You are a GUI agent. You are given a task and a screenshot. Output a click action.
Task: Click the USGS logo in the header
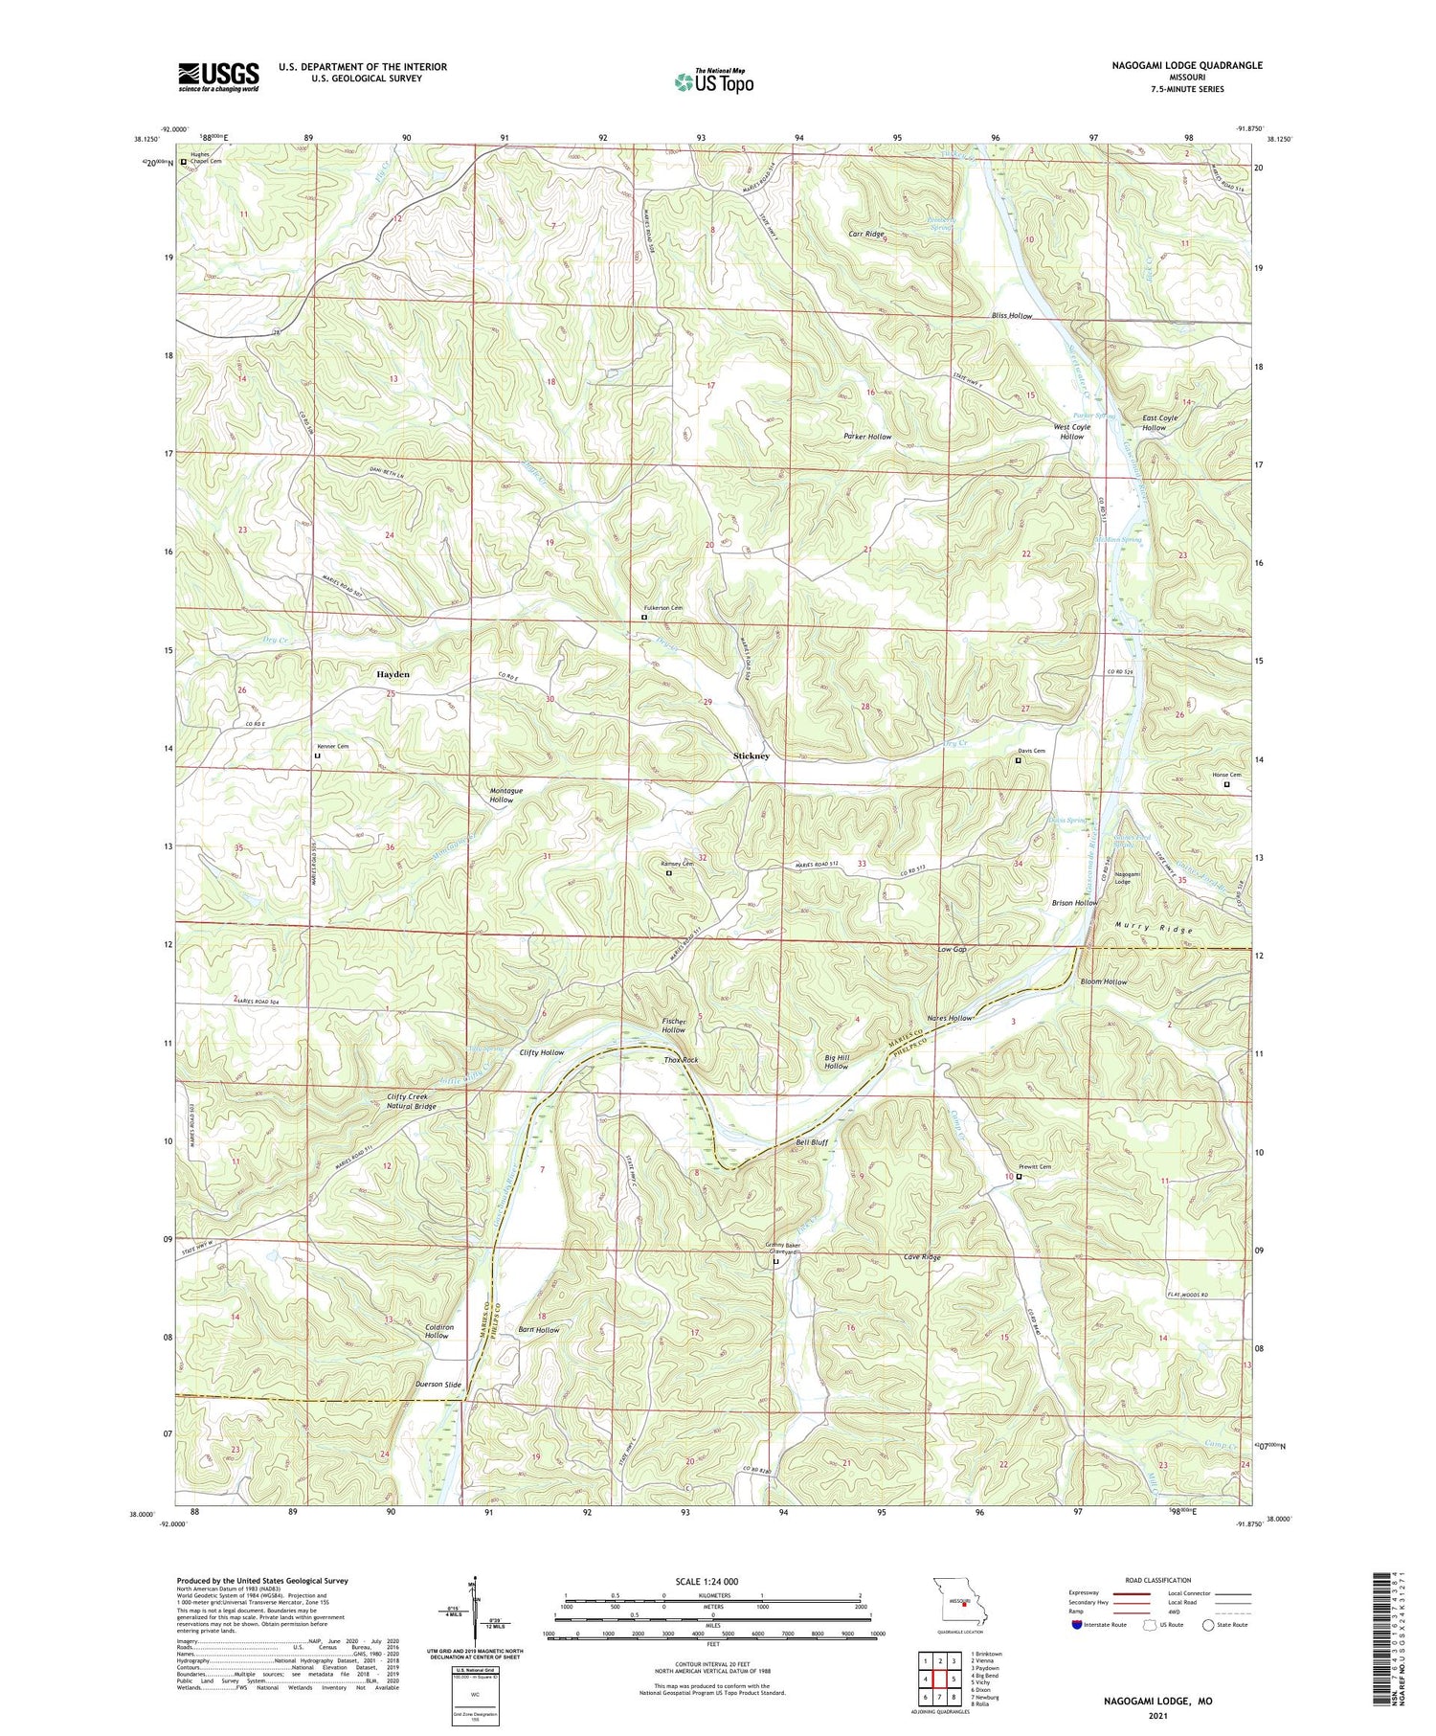tap(218, 76)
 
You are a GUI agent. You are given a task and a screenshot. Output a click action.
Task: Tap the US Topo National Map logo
tap(713, 81)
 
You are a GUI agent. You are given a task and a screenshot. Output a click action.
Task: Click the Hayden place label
tap(393, 674)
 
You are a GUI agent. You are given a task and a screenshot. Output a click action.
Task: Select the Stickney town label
tap(752, 755)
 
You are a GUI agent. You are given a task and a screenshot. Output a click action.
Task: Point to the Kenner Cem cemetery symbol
tap(318, 756)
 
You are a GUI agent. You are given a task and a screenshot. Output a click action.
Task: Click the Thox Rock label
tap(681, 1060)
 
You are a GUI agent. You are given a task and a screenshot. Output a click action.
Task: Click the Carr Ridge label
tap(866, 233)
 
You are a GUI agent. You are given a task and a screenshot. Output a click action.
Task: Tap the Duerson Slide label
tap(438, 1385)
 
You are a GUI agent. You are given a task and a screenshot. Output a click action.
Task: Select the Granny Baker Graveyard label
tap(781, 1250)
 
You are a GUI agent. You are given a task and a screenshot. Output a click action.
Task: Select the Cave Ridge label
tap(922, 1257)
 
